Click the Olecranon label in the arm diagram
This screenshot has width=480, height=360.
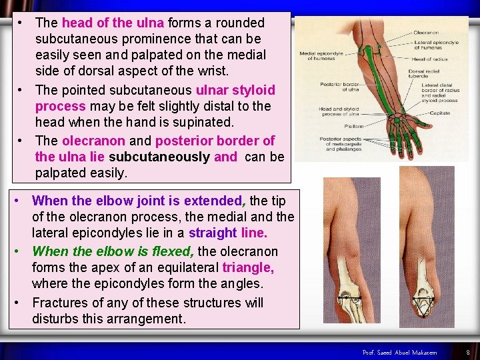[x=426, y=33]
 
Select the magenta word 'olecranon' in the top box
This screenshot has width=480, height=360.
[x=93, y=141]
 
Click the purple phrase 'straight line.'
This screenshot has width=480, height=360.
[x=228, y=233]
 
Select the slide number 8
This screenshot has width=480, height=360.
[x=468, y=352]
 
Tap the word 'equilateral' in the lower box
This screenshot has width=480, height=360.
[x=181, y=267]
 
